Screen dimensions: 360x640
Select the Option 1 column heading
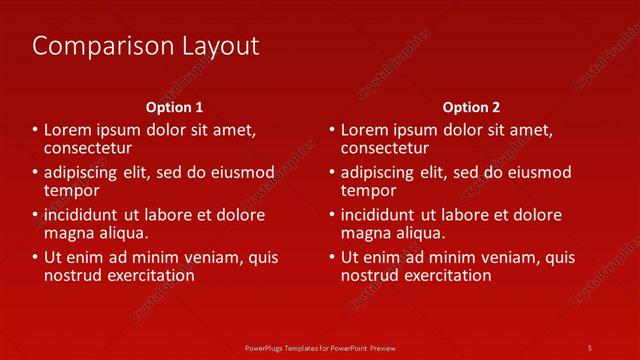tap(174, 107)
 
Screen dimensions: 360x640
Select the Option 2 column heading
tap(472, 107)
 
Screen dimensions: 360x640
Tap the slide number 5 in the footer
tap(589, 347)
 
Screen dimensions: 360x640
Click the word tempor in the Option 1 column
tap(71, 190)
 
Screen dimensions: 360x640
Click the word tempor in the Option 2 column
tap(368, 190)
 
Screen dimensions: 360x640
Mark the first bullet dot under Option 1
tap(35, 130)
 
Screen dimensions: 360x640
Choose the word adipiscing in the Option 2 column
tap(380, 172)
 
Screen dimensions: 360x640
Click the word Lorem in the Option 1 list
tap(66, 130)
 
